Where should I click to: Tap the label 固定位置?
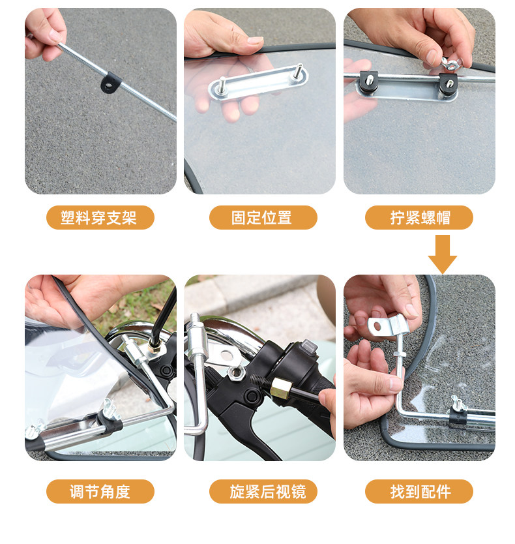(x=262, y=217)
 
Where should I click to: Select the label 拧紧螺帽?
(x=420, y=217)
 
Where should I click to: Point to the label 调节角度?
(x=100, y=491)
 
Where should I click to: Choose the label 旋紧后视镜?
(x=267, y=491)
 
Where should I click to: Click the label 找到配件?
(x=420, y=491)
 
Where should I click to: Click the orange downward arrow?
(x=443, y=254)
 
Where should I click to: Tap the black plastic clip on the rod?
(x=111, y=82)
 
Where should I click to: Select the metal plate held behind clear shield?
(x=258, y=82)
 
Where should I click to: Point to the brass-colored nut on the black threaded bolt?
(x=280, y=387)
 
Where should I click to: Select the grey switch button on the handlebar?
(x=308, y=347)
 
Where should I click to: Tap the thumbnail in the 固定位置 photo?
(x=255, y=40)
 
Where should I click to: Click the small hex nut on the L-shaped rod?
(x=400, y=354)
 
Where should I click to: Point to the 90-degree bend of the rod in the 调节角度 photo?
(x=169, y=409)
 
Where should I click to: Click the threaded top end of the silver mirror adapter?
(x=194, y=318)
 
